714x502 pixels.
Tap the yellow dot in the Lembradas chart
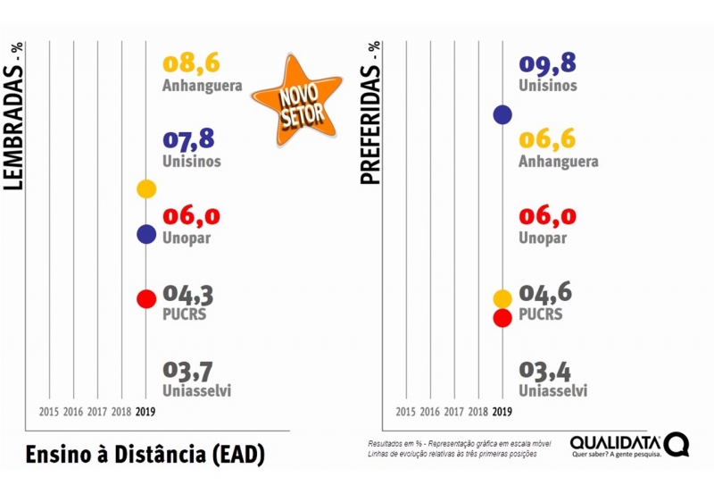[146, 188]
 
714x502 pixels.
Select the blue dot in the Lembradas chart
[146, 234]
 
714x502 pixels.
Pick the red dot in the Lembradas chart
[146, 299]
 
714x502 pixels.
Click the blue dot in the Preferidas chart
[502, 114]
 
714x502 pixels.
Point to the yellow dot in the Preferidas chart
[502, 298]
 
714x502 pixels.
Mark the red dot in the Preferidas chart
[502, 317]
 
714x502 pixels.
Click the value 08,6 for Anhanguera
[191, 63]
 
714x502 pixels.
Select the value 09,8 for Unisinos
[547, 63]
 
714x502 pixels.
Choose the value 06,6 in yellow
[547, 139]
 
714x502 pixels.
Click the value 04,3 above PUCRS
[188, 294]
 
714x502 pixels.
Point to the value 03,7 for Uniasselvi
[189, 370]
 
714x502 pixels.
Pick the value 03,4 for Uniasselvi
[545, 370]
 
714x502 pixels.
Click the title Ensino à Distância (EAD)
[145, 453]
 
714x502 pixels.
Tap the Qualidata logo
[629, 445]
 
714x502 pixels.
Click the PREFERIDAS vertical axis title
[370, 112]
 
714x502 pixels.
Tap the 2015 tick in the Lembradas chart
[49, 412]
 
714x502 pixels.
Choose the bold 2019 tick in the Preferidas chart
[502, 412]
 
